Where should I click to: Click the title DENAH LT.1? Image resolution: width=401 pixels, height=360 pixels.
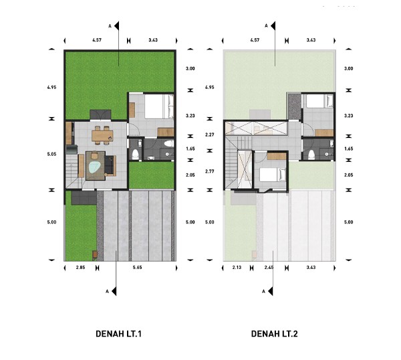(x=118, y=334)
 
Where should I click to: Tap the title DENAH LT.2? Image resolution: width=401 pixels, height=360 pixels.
(x=275, y=334)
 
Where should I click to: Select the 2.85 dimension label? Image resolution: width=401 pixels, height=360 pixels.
(x=80, y=267)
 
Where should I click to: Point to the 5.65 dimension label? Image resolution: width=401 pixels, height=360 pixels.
(x=137, y=267)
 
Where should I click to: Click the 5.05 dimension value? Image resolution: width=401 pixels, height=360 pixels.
(x=51, y=154)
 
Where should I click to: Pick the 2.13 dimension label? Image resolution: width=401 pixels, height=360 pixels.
(x=237, y=267)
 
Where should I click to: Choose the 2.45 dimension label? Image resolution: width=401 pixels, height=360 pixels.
(x=269, y=267)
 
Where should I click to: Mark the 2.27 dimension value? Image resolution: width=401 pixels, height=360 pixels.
(x=209, y=134)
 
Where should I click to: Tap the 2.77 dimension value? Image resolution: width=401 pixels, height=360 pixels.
(x=209, y=171)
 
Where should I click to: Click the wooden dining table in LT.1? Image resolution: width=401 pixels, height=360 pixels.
(x=102, y=135)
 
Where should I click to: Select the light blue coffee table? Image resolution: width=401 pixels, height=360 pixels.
(x=95, y=168)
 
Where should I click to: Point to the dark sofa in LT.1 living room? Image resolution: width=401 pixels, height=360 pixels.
(x=109, y=165)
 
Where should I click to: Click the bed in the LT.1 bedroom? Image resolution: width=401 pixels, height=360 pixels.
(x=159, y=106)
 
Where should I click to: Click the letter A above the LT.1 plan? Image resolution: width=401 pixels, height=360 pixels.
(x=110, y=26)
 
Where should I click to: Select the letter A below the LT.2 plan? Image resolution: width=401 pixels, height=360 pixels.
(x=263, y=291)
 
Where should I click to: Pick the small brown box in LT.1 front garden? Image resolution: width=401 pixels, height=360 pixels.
(x=95, y=254)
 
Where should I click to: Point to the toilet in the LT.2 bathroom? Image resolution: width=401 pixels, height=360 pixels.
(x=311, y=155)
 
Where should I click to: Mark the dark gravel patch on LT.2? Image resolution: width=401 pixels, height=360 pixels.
(x=294, y=107)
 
